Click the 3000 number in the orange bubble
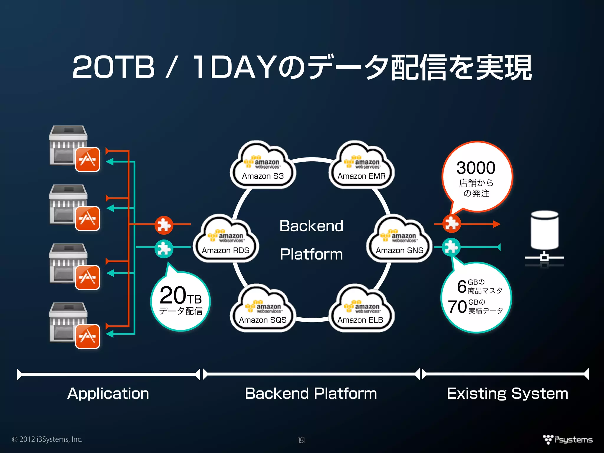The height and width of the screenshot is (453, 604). [476, 168]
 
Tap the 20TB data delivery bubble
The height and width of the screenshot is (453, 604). [180, 301]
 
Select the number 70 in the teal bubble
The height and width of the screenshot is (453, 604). [457, 307]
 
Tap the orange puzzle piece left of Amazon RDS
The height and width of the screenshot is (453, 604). [164, 225]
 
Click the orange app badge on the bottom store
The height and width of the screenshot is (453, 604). [88, 336]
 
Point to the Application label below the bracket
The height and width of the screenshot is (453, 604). [108, 393]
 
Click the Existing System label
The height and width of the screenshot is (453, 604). [507, 393]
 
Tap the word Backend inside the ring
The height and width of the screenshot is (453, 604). [311, 226]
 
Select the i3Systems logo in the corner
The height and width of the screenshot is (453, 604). [567, 439]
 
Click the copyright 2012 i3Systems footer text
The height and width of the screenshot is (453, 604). [47, 439]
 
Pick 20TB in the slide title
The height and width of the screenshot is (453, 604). [114, 67]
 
